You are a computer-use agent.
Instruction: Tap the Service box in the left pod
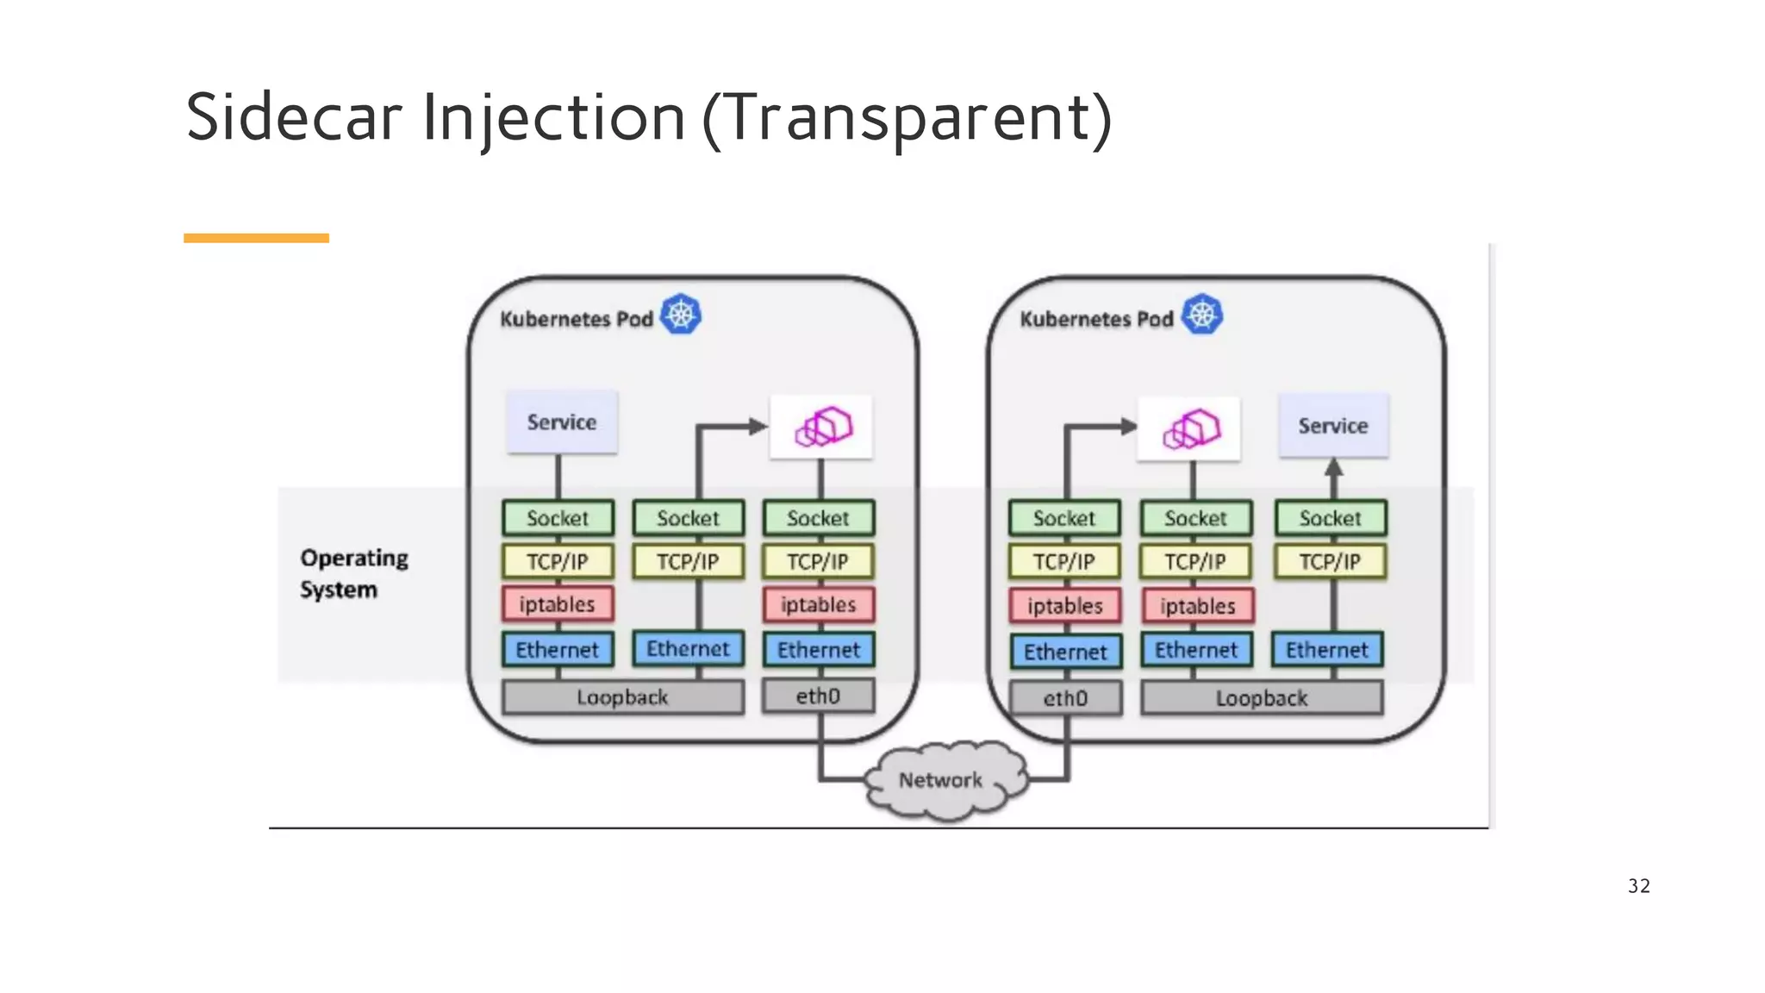(x=562, y=422)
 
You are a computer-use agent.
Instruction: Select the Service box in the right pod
(x=1333, y=425)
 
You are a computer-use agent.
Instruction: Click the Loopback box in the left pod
(x=622, y=697)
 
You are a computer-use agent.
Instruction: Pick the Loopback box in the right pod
(x=1261, y=698)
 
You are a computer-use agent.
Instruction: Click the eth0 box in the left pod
(x=818, y=696)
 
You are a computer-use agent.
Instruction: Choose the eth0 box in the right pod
(x=1065, y=698)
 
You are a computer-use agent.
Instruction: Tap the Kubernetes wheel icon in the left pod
(x=681, y=315)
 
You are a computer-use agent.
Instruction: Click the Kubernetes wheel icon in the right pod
(x=1201, y=315)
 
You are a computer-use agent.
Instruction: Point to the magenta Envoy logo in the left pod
(x=823, y=427)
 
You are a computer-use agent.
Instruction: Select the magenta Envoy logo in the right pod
(x=1191, y=428)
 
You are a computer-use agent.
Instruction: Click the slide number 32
(x=1638, y=886)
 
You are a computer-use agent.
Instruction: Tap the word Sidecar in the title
(x=294, y=117)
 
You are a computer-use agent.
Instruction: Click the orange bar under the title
(x=256, y=238)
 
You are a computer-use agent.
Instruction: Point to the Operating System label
(x=353, y=573)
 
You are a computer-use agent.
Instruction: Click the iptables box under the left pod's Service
(x=558, y=604)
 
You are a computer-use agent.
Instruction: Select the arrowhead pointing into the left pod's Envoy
(x=758, y=426)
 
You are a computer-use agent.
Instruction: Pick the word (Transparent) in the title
(x=907, y=119)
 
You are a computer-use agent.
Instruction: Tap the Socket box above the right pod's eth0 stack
(x=1064, y=518)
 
